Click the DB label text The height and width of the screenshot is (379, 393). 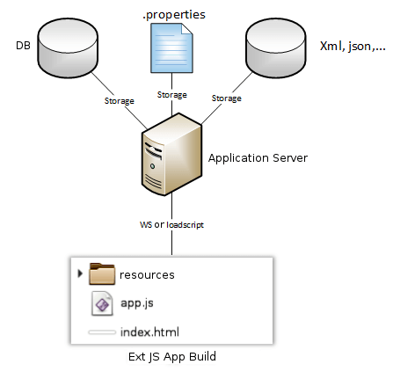pos(23,46)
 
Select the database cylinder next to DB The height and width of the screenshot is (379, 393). pos(68,48)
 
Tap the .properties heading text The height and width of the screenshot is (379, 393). pos(174,15)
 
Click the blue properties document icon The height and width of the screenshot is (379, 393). pos(171,48)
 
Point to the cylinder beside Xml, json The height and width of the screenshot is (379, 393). pos(276,48)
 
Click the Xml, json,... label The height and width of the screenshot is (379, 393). pos(353,46)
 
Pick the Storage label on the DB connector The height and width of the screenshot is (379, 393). pos(120,101)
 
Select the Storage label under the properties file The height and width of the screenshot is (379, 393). pos(172,95)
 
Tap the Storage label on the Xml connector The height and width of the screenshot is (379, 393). pos(227,98)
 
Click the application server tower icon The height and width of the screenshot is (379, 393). pos(171,154)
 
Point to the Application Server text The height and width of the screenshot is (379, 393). pos(258,158)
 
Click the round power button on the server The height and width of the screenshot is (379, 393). pos(152,166)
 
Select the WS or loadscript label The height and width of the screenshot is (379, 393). pos(171,225)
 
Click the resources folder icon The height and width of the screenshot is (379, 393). pos(102,274)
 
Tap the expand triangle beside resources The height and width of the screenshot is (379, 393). pos(80,273)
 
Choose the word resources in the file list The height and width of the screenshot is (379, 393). pos(147,275)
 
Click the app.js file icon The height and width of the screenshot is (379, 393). pos(102,303)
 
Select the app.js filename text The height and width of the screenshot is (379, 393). pos(137,303)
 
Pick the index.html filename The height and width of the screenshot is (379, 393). pos(149,332)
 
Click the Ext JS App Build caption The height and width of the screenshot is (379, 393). pos(172,357)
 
